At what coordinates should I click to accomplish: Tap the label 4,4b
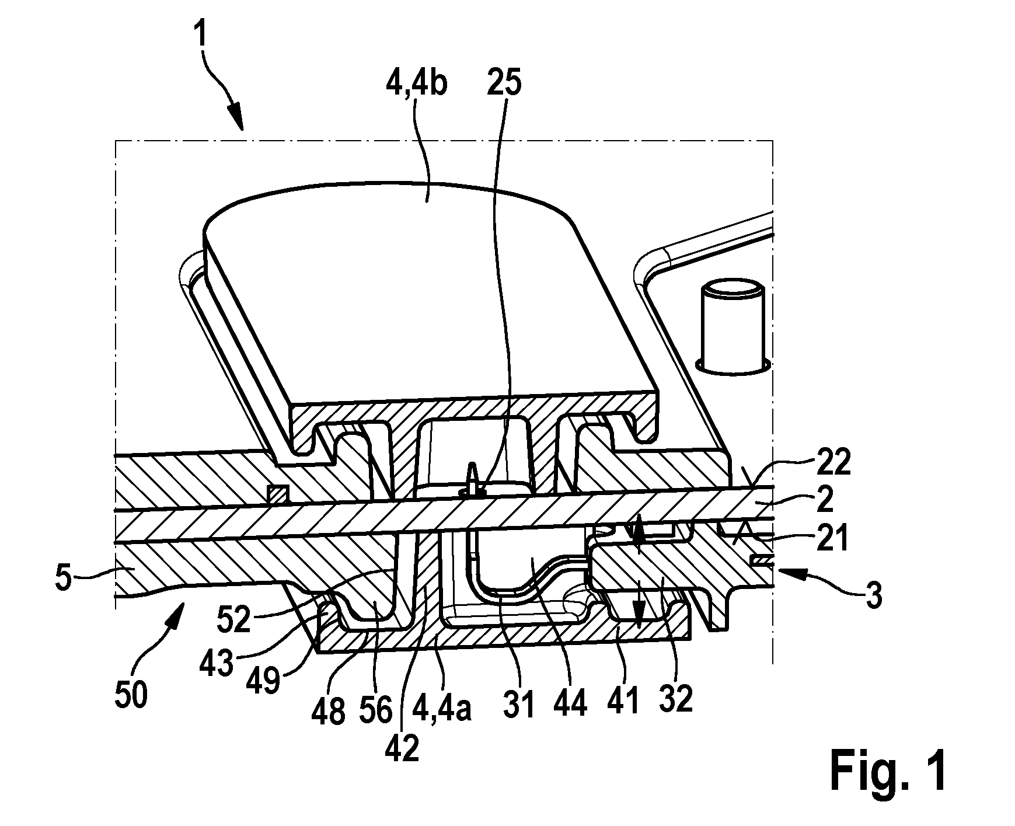416,85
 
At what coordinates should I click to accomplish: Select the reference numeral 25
505,85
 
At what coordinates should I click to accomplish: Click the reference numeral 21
831,539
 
